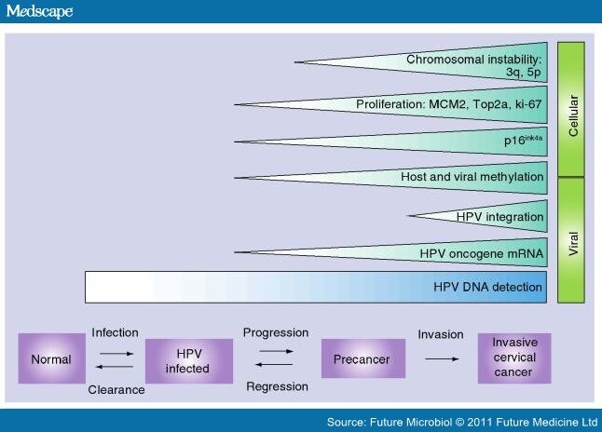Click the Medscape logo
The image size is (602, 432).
[x=39, y=12]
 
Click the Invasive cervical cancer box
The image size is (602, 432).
[x=513, y=358]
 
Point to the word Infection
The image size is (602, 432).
[x=116, y=332]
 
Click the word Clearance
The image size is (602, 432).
[x=117, y=389]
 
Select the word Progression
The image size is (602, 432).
[x=275, y=332]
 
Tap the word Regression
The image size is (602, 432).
[x=275, y=385]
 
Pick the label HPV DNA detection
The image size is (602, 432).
[x=486, y=287]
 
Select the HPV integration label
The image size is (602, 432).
[x=499, y=217]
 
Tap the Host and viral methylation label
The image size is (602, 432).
[x=471, y=177]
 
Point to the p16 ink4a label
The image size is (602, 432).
[x=522, y=140]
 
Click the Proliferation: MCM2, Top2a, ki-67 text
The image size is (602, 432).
[x=449, y=102]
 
